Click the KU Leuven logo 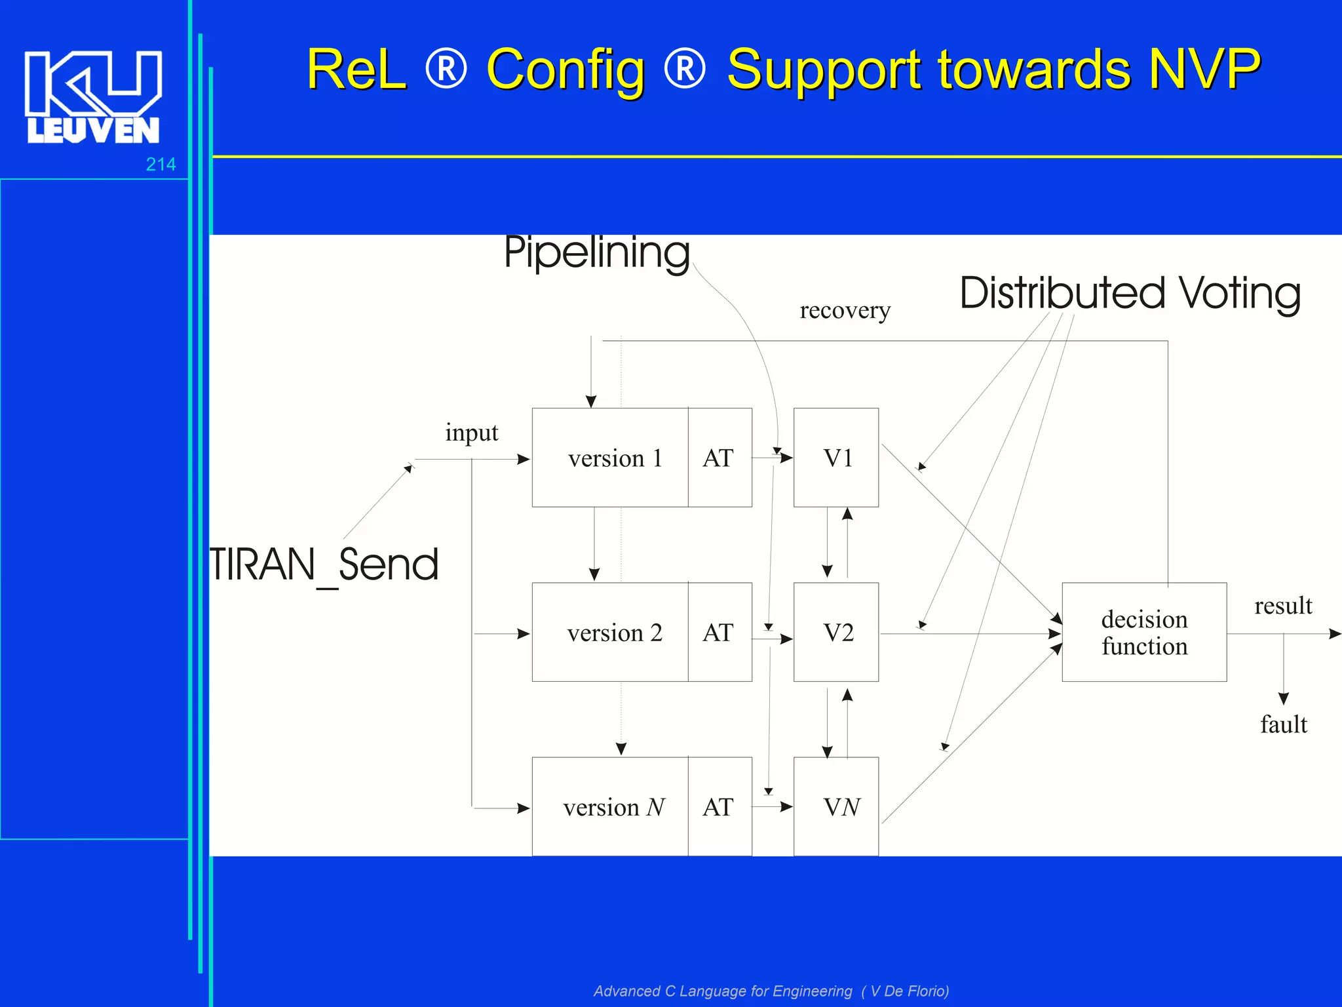(93, 97)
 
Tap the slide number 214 (161, 165)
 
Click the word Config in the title (566, 71)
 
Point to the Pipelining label (596, 253)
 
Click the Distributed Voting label (1130, 293)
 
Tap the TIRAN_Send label (324, 565)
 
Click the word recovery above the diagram (845, 310)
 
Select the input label (471, 433)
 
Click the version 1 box (610, 458)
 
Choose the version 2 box (610, 633)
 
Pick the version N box (610, 807)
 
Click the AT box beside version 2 (719, 633)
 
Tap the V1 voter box (836, 458)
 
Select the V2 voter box (836, 633)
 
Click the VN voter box (836, 807)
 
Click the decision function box (1144, 633)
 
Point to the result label (1282, 606)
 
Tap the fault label (1283, 725)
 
